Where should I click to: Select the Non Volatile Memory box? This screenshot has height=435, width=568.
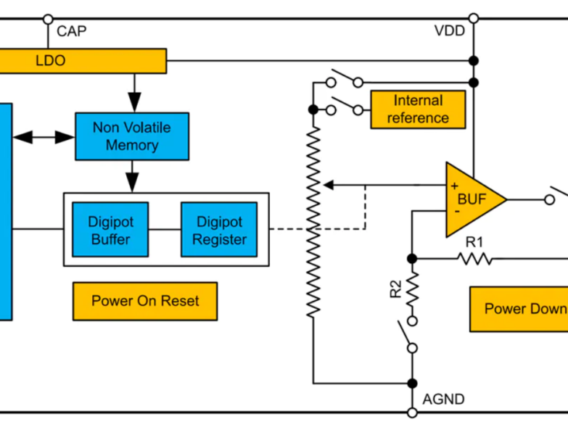(x=132, y=136)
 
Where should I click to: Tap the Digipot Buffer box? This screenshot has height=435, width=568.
(x=110, y=230)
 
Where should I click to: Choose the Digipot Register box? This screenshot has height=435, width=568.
(x=219, y=230)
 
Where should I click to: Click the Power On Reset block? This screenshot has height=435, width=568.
(x=144, y=301)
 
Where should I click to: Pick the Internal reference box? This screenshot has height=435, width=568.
(x=418, y=109)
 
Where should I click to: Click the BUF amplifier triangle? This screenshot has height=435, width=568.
(x=472, y=199)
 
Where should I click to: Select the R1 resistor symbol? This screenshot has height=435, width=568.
(x=474, y=258)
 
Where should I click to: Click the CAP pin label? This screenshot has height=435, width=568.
(x=71, y=31)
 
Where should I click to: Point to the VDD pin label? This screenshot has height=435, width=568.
(x=449, y=31)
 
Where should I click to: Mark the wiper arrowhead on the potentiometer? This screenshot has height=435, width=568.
(x=329, y=186)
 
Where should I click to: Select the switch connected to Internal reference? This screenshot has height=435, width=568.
(x=345, y=108)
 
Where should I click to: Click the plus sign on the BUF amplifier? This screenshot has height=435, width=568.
(x=455, y=186)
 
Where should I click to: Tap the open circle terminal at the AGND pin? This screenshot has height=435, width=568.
(x=412, y=413)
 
